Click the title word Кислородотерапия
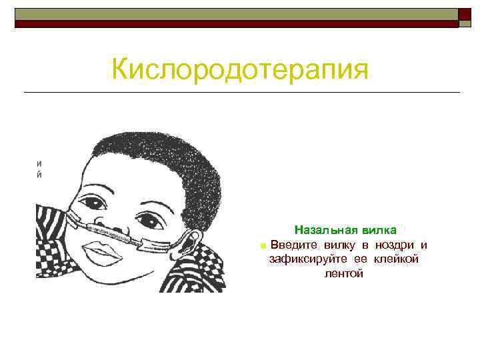[x=240, y=69]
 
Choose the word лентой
[x=343, y=273]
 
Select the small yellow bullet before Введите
[x=263, y=246]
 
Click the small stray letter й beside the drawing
[x=40, y=175]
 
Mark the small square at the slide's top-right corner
[x=465, y=15]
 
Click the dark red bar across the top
[x=237, y=23]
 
